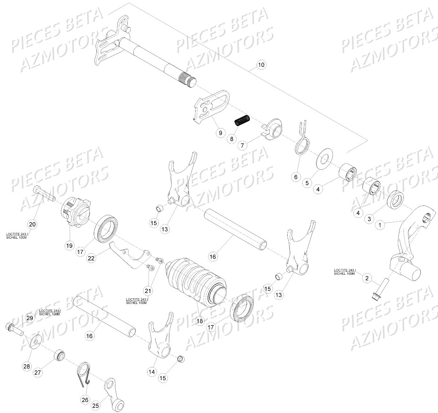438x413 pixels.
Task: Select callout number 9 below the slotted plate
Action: (220, 133)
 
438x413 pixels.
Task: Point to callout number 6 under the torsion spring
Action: (296, 177)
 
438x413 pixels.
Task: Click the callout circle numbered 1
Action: (380, 225)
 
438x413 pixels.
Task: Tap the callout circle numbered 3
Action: (369, 219)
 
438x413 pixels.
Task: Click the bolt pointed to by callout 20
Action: (44, 194)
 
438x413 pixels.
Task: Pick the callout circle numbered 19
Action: (69, 246)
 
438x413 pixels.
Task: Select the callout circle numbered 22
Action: (92, 258)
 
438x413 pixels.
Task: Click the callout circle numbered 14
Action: (152, 372)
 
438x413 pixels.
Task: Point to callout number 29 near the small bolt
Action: (30, 319)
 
